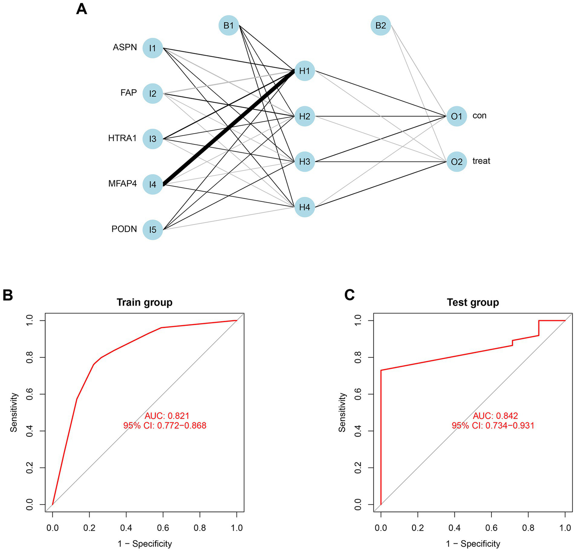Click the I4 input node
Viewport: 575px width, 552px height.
152,184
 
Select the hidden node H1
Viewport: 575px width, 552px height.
305,70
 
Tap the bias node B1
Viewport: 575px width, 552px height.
229,25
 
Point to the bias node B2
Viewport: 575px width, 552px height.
381,25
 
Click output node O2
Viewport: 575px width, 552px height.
457,162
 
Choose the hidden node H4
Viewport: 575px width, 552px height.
305,207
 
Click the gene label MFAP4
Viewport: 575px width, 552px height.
122,184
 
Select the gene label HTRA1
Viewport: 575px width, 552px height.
122,138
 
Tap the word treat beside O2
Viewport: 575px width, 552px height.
481,161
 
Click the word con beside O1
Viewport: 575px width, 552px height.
479,116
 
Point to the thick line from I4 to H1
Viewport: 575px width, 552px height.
229,127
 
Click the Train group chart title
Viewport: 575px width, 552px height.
145,302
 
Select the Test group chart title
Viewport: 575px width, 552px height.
473,302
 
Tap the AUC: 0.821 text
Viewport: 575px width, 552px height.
167,416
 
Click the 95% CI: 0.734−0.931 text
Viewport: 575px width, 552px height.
493,426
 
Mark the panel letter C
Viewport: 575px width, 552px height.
349,295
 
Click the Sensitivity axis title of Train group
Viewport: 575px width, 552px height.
14,412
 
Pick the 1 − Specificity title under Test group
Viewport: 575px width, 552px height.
473,543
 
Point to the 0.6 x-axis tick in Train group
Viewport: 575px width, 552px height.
163,528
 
